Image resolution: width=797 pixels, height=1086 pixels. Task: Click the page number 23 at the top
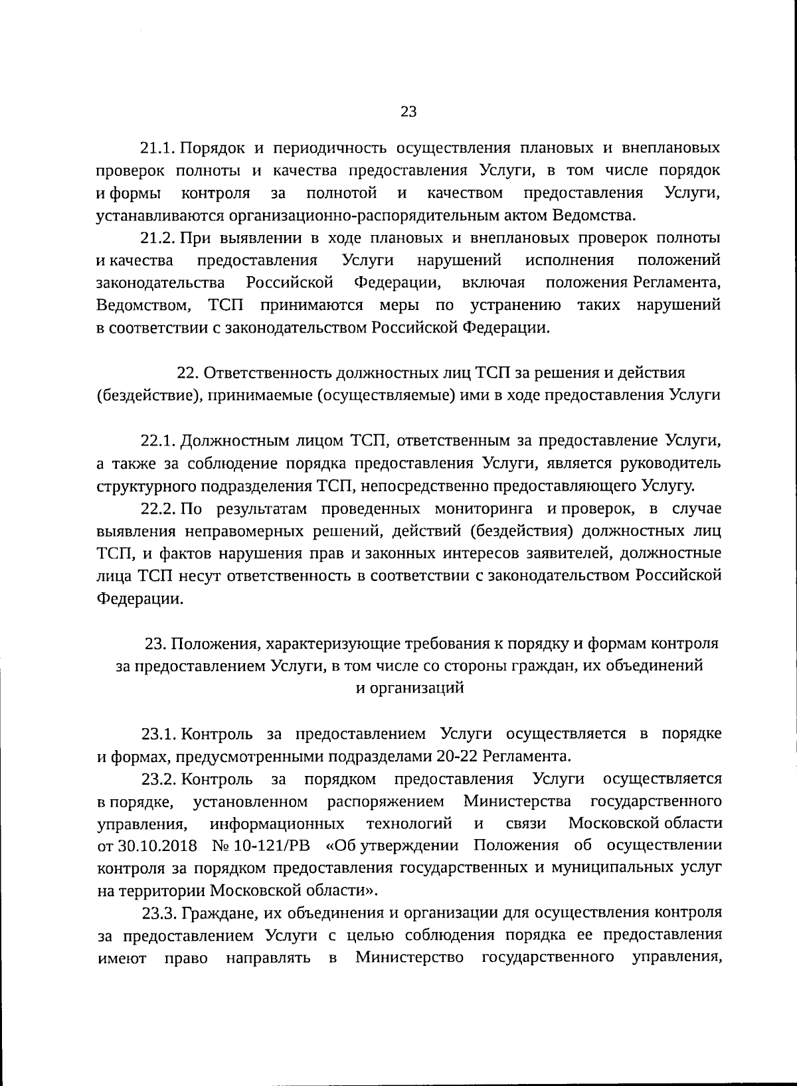click(408, 112)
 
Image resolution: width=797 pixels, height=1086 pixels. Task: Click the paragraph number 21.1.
click(158, 147)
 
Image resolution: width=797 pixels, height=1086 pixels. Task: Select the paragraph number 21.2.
click(158, 238)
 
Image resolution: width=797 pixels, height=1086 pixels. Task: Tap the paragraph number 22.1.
click(158, 441)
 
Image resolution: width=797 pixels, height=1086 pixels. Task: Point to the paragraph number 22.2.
click(158, 509)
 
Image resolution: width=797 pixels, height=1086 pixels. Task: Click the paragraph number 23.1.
click(158, 734)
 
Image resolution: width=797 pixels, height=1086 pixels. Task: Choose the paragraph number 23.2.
click(158, 779)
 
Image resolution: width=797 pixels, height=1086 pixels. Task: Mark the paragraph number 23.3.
click(158, 914)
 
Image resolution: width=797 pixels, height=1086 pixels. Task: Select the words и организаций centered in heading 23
click(409, 688)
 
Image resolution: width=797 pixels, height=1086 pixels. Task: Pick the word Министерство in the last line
click(409, 959)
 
